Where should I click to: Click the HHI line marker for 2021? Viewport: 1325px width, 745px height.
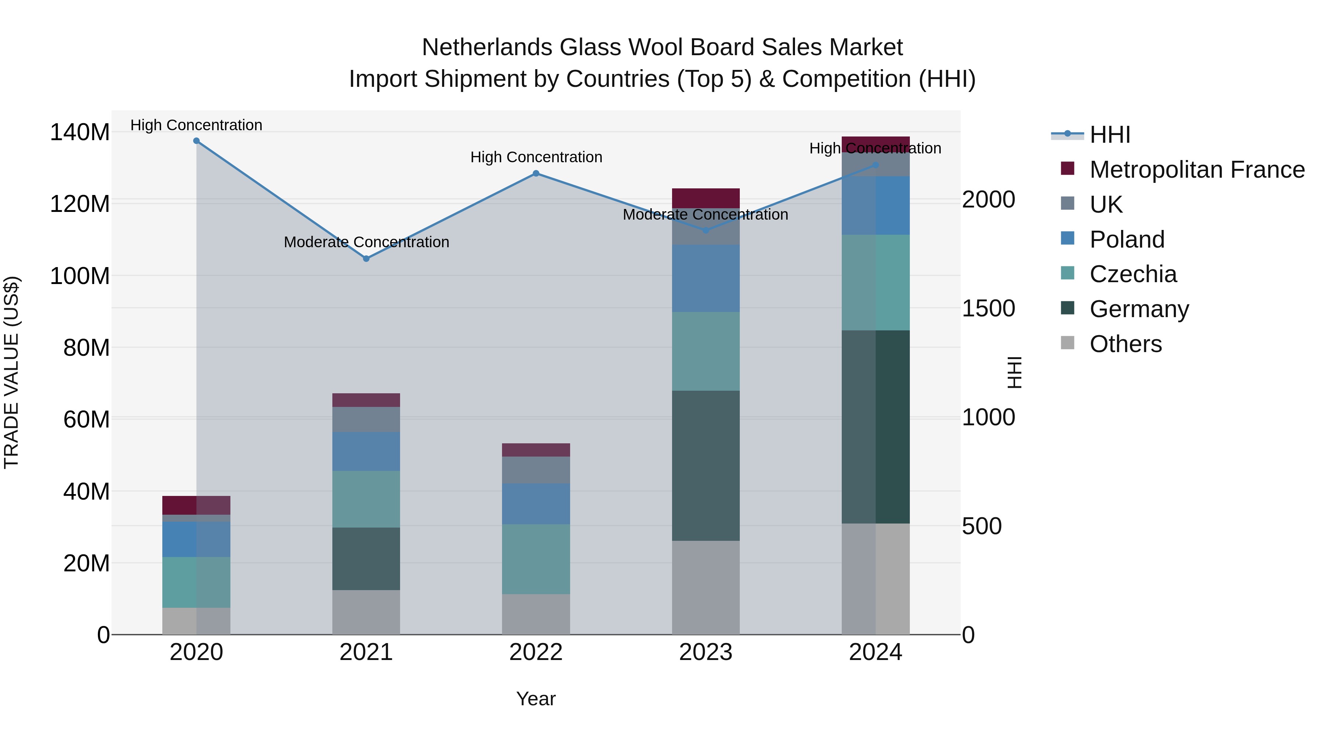366,259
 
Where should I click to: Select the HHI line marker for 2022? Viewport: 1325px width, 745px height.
536,173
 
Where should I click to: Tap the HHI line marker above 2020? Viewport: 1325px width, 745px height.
197,141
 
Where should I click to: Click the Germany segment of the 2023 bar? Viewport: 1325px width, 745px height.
706,465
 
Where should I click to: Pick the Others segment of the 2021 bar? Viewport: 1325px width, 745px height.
366,612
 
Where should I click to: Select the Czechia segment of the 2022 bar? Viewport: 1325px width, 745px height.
536,559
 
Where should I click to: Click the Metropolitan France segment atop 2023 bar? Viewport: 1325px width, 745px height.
706,198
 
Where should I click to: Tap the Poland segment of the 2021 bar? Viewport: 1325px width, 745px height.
366,451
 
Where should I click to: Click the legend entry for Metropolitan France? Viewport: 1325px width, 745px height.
1197,170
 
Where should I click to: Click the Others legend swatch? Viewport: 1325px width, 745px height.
1068,343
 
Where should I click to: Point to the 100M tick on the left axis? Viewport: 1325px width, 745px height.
80,276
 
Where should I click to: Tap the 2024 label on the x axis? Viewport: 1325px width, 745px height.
876,652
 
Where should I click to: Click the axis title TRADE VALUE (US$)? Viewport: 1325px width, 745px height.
11,372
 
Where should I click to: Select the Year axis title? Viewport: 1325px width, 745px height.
536,699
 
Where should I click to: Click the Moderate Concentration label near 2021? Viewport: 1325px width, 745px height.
366,242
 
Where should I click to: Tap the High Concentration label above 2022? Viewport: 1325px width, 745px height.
536,157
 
